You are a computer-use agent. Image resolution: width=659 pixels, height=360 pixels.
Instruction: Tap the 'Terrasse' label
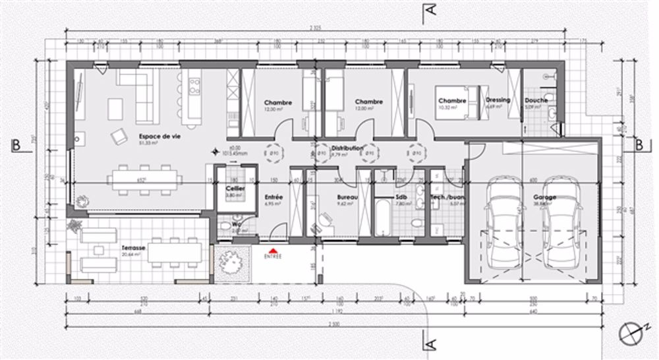[134, 249]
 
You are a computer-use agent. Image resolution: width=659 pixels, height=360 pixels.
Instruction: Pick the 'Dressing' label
[498, 100]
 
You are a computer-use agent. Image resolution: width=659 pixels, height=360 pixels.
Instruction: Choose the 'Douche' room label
[536, 100]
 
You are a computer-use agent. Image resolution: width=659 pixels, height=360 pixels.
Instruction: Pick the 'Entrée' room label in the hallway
[273, 197]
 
